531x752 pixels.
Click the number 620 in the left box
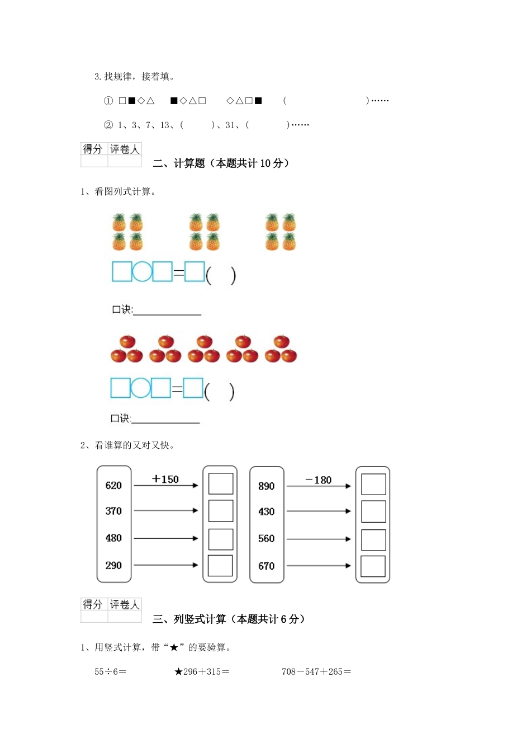coord(113,486)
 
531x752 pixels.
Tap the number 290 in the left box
coord(113,566)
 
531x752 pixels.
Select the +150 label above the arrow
coord(165,480)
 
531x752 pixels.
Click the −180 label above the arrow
coord(319,480)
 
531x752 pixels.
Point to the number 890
coord(267,486)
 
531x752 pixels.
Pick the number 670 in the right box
coord(267,566)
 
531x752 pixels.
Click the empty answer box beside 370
coord(221,511)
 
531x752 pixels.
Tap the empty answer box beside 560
coord(373,539)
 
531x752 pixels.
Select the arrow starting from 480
coord(166,538)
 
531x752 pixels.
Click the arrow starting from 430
coord(319,511)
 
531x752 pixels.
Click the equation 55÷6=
coord(110,672)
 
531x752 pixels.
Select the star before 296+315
coord(178,672)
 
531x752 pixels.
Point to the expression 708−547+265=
coord(316,672)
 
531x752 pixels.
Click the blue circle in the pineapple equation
coord(142,271)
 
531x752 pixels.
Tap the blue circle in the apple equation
coord(140,388)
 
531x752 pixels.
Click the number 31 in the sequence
coord(230,125)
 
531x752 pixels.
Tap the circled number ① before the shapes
coord(108,101)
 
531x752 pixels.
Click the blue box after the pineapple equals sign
coord(195,272)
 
